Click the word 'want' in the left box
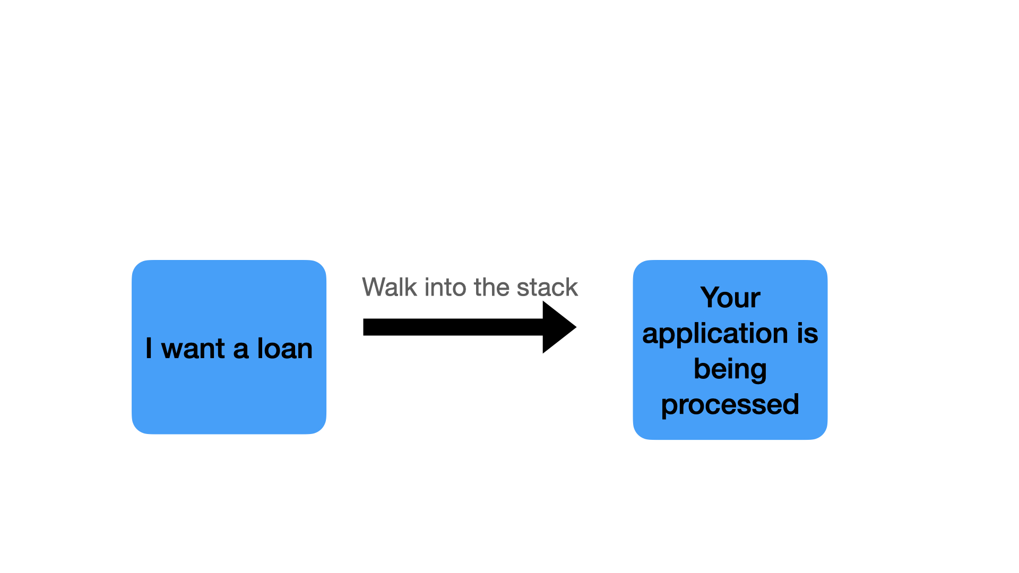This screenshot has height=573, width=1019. click(193, 349)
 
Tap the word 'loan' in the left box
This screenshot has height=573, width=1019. click(285, 349)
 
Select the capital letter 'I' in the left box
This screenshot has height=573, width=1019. click(149, 349)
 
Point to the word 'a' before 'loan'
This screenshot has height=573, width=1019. click(240, 350)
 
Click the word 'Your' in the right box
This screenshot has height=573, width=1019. click(730, 298)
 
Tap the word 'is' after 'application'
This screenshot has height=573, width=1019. click(807, 333)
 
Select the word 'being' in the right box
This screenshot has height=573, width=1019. click(730, 370)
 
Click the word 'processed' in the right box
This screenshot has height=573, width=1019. click(730, 405)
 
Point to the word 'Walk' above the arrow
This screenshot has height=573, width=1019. click(390, 287)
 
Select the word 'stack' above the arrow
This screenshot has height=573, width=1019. click(547, 287)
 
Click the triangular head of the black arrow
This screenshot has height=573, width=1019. click(558, 327)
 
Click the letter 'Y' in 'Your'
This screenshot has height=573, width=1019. click(711, 298)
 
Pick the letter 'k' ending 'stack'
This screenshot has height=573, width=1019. click(572, 287)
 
